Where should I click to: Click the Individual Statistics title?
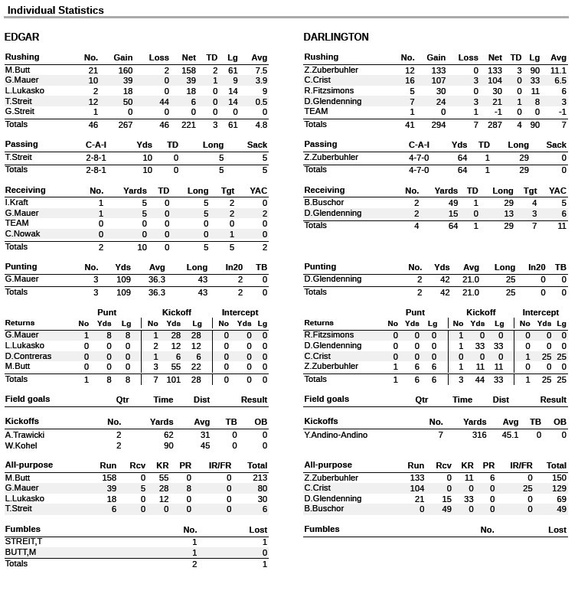55,11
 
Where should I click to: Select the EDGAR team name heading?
21,37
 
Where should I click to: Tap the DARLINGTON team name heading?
335,37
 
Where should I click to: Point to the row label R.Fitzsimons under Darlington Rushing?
328,91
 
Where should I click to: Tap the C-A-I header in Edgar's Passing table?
96,145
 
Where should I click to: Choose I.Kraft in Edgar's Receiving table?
17,203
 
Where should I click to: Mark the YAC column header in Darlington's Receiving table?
557,191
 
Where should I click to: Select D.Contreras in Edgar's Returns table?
28,357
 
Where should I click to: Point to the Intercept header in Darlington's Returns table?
540,312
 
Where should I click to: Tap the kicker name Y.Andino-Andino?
335,435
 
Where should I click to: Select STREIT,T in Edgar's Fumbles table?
24,542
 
